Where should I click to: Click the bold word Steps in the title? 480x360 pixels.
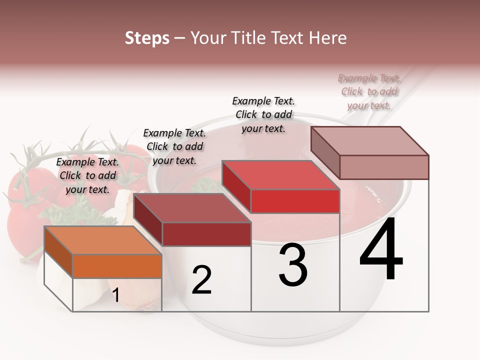point(147,38)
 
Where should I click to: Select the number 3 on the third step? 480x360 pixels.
point(293,265)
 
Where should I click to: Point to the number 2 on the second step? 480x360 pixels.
point(202,280)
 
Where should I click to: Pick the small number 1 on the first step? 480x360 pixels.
point(115,295)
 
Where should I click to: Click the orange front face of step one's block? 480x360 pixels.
point(117,266)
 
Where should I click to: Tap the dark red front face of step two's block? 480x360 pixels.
point(206,234)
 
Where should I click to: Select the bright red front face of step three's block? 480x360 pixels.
point(295,201)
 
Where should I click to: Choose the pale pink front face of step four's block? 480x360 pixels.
point(384,167)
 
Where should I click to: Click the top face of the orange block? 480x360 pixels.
point(103,240)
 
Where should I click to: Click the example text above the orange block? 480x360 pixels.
point(88,175)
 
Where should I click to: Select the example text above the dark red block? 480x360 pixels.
point(174,146)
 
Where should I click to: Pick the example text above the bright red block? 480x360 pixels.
point(263,114)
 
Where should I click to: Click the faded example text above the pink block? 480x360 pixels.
point(369,91)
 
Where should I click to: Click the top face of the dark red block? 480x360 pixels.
point(192,208)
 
